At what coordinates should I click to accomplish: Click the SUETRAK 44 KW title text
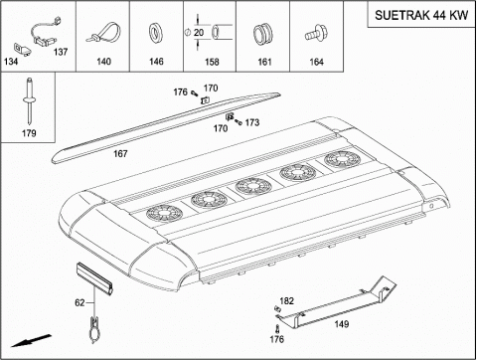tap(421, 15)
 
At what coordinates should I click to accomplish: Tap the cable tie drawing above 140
tap(102, 33)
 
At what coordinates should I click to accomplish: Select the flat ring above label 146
tap(155, 33)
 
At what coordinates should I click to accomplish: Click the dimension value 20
tap(199, 33)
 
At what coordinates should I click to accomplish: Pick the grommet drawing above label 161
tap(262, 34)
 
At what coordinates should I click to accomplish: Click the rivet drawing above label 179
tap(29, 99)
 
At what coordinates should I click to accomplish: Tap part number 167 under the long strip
tap(120, 154)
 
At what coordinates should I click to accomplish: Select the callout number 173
tap(252, 122)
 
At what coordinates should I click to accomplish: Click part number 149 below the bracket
tap(342, 324)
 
